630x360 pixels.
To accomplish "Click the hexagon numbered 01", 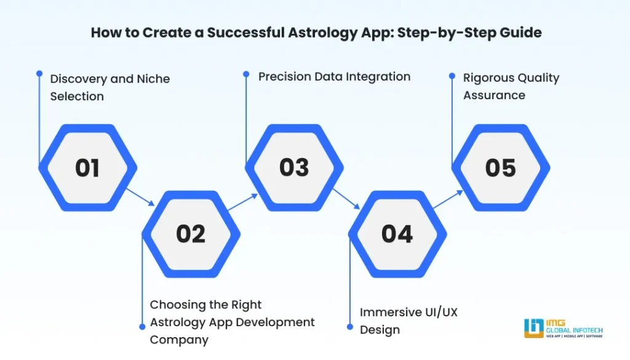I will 87,168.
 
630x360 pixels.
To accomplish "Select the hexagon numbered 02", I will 190,234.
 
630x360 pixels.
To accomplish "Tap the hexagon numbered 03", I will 293,168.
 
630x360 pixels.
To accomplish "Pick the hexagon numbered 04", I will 397,234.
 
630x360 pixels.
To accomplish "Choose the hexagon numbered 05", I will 500,168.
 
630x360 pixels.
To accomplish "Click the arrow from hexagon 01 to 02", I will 140,198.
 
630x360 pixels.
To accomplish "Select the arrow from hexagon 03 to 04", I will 346,198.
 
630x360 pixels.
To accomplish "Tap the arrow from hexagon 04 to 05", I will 449,200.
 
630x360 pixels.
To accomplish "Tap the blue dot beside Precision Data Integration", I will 246,73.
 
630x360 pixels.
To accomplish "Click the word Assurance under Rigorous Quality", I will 494,95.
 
